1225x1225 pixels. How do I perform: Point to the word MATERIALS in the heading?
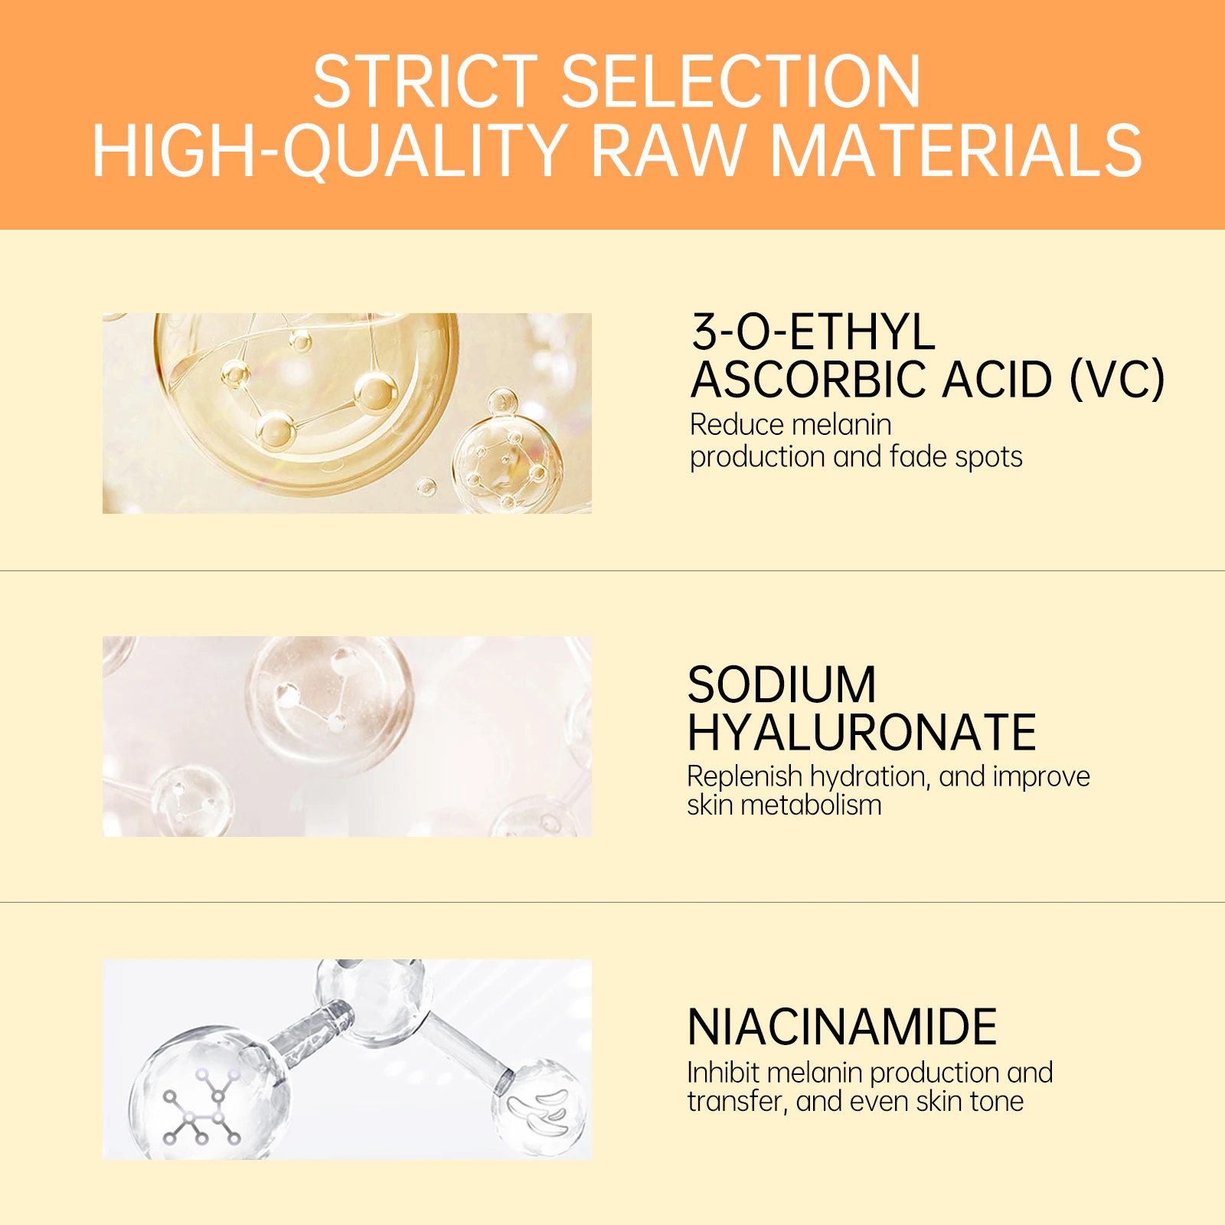956,151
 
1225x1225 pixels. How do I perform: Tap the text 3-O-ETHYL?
813,332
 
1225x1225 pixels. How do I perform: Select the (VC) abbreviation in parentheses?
1117,380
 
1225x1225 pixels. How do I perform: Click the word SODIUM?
782,684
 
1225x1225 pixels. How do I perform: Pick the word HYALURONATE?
862,733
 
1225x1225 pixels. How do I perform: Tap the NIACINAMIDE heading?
842,1027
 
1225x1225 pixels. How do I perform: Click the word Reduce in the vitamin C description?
736,425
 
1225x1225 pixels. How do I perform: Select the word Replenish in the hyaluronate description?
744,777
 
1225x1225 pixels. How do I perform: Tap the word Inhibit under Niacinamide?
722,1073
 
